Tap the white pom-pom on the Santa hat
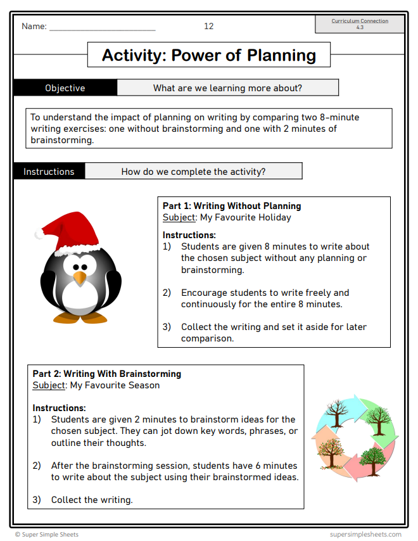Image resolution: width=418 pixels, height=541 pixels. tap(39, 234)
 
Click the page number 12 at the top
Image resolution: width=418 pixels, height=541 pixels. tap(208, 26)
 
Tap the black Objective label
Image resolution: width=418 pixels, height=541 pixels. tap(65, 88)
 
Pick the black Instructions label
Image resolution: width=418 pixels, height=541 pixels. tap(49, 172)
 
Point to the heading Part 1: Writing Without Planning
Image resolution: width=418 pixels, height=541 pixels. tap(232, 206)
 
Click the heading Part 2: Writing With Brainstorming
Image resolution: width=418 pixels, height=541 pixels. tap(106, 374)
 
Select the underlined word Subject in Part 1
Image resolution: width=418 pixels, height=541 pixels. tap(179, 217)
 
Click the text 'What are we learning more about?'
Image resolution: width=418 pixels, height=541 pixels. tap(227, 88)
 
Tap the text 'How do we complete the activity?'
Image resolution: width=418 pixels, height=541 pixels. tap(193, 172)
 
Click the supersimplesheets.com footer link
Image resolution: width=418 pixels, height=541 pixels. tap(365, 535)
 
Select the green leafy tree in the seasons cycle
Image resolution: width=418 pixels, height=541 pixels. tap(378, 420)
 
